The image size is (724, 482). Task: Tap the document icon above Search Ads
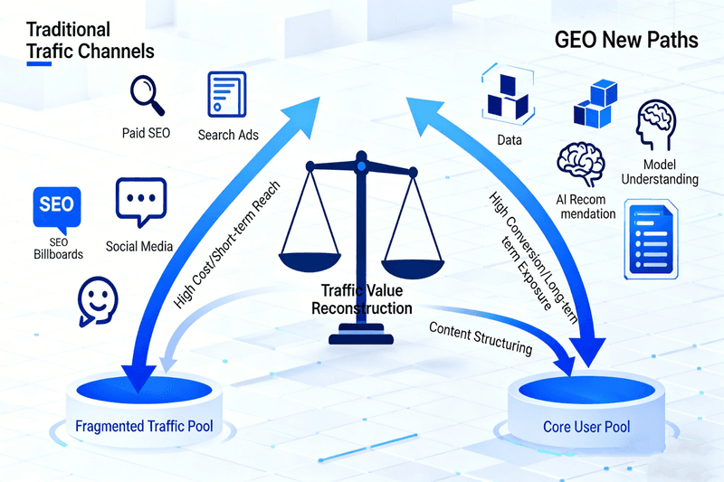coord(227,94)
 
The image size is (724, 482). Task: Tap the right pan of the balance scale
coord(414,259)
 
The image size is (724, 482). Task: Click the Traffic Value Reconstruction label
coord(362,299)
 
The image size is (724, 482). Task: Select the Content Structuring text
coord(480,336)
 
